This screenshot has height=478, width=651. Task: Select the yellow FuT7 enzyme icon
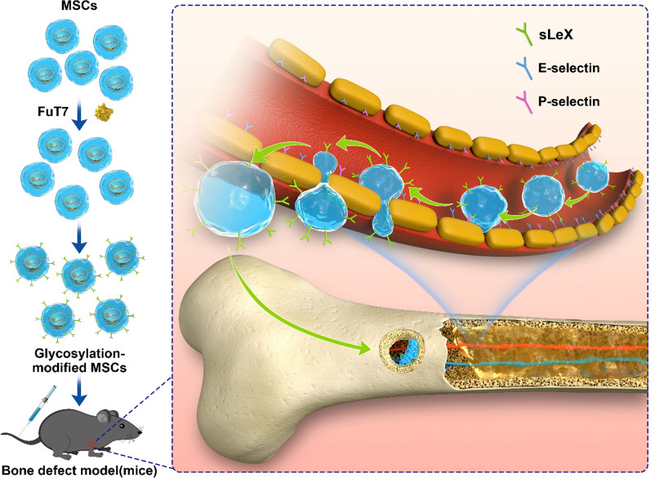coord(104,112)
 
